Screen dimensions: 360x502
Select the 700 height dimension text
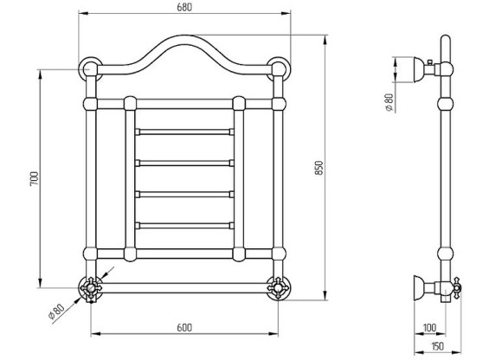[34, 178]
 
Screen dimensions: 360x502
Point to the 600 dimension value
[183, 326]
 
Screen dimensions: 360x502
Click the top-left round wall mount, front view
[89, 68]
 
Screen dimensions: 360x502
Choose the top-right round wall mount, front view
[279, 68]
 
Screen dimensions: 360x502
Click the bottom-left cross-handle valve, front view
[90, 286]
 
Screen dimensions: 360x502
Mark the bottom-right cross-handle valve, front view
[279, 286]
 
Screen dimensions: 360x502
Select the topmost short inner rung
[183, 132]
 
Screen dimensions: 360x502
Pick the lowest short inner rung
[183, 225]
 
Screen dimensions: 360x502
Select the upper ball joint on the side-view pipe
[445, 103]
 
